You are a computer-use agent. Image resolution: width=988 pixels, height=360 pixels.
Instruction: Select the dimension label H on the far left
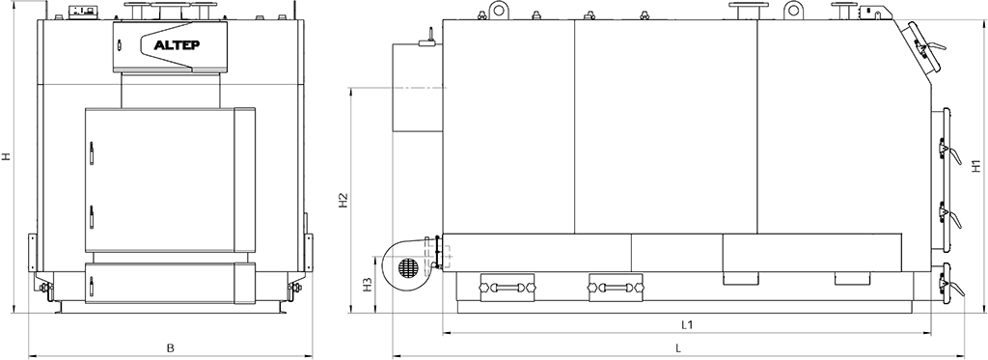point(6,155)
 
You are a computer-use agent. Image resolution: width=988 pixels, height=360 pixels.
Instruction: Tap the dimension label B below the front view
point(170,347)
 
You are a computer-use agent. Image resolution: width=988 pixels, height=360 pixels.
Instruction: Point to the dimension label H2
point(343,200)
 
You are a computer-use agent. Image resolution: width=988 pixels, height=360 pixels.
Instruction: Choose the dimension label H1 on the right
point(976,165)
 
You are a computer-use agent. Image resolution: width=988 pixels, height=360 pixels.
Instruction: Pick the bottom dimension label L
point(678,347)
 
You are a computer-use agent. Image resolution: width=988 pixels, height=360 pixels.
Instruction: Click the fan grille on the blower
point(408,266)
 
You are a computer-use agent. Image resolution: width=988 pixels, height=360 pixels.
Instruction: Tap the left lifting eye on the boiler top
point(500,10)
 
